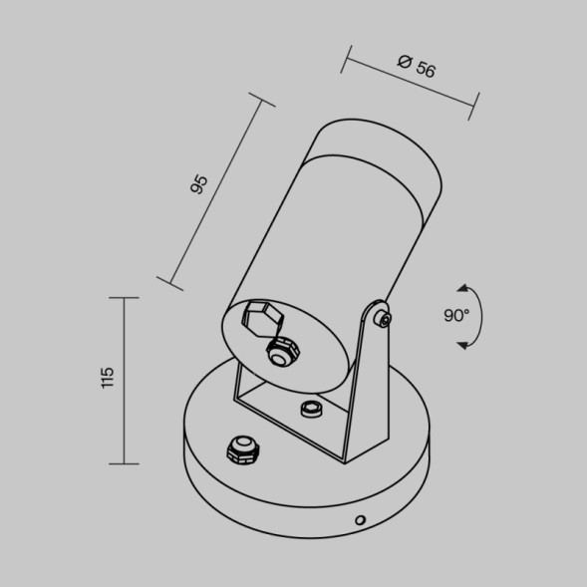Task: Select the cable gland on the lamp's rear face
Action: coord(283,352)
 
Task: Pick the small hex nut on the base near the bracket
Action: coord(310,409)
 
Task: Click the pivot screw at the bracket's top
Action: coord(382,319)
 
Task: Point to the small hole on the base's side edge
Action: coord(362,519)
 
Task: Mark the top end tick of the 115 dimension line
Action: coord(123,297)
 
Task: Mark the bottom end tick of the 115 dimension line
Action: coord(123,463)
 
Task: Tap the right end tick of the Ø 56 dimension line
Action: coord(474,107)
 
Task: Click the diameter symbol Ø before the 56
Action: coord(405,62)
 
